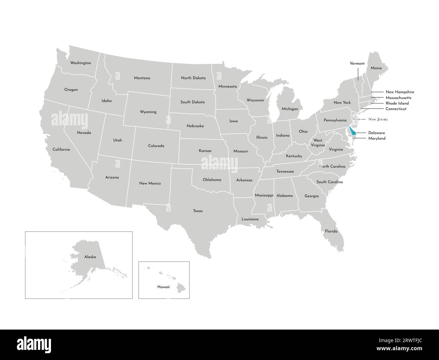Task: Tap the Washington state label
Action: [80, 63]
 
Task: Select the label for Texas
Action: [198, 211]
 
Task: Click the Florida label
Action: [331, 232]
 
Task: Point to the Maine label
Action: [376, 68]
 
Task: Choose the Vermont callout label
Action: [357, 64]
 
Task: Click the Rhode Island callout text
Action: [397, 103]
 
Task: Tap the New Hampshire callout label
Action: [399, 92]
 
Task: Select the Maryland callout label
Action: [377, 139]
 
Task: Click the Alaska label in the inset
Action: [90, 257]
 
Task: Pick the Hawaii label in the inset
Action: [163, 287]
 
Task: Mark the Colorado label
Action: [156, 146]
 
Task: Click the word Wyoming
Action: [148, 112]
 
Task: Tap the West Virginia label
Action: [318, 142]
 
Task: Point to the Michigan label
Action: [290, 109]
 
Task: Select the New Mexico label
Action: [150, 184]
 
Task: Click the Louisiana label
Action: [250, 219]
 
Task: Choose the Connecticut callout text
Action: [396, 109]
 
